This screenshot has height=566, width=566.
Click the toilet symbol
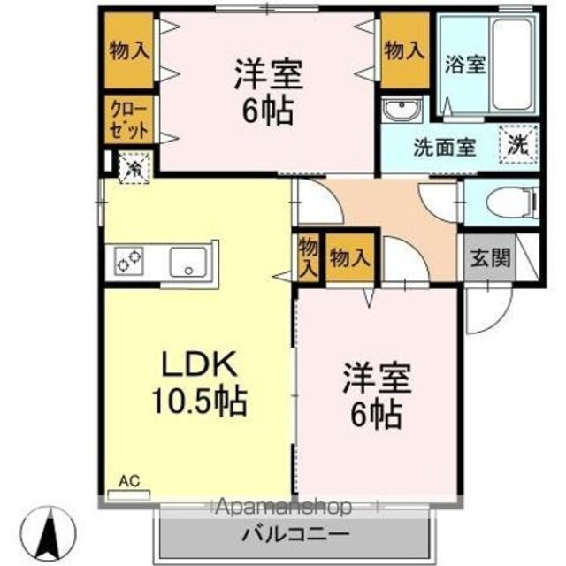512,203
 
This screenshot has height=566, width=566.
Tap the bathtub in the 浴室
513,65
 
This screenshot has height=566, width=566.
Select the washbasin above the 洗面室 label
402,108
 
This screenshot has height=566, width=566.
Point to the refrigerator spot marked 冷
134,168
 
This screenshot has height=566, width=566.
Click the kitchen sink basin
188,263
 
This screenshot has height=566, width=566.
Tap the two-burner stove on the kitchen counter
128,261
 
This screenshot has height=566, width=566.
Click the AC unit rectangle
129,494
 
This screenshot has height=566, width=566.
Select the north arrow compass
49,532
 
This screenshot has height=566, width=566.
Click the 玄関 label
490,258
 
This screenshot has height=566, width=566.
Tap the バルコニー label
295,534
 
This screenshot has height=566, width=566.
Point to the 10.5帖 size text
200,402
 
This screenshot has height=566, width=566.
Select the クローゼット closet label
129,120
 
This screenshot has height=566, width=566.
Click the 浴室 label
465,65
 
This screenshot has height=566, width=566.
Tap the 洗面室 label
445,148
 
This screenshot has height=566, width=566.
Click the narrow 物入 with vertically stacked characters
309,257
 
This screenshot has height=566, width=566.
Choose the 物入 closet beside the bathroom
404,50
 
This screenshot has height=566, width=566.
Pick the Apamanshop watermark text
283,507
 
